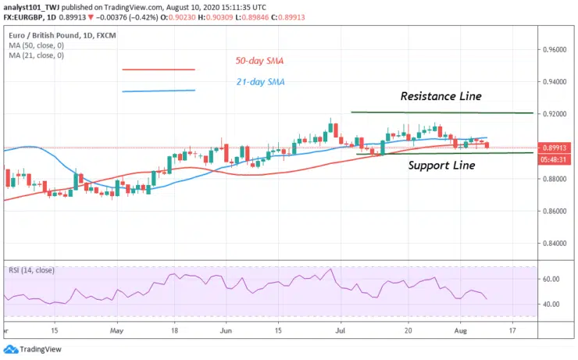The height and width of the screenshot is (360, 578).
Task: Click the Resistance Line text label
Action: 441,96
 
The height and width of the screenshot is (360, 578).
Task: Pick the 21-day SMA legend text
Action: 260,82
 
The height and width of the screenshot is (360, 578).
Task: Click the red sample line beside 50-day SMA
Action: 158,70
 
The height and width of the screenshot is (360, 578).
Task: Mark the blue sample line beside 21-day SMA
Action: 158,91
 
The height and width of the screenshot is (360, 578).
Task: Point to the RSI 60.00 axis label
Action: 551,279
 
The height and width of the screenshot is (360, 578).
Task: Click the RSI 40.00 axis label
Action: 551,304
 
